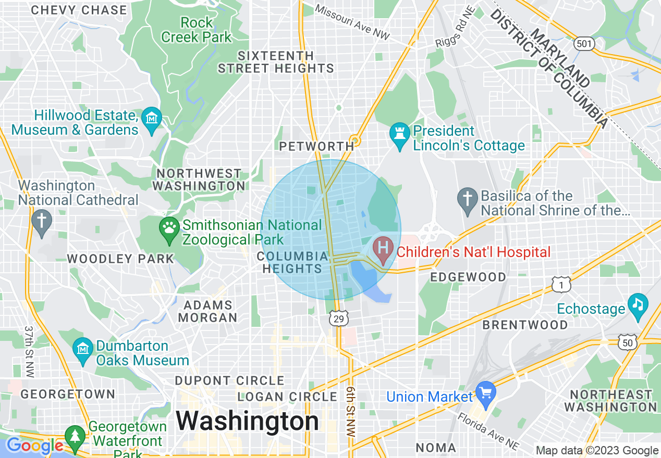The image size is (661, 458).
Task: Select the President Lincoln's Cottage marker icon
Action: tap(400, 135)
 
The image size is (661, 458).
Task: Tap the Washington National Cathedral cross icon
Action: tap(42, 221)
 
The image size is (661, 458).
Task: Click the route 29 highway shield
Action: tap(339, 319)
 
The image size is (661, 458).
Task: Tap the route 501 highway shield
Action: tap(584, 44)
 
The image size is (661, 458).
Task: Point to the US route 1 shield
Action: tap(561, 285)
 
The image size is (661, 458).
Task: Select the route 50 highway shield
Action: tap(627, 342)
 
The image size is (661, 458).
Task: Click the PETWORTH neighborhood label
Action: tap(316, 147)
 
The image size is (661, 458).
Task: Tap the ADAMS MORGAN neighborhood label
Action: tap(207, 311)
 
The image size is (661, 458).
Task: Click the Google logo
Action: tap(35, 446)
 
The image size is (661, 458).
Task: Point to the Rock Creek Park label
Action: tap(196, 30)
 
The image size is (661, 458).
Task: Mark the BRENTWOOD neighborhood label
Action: tap(525, 325)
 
